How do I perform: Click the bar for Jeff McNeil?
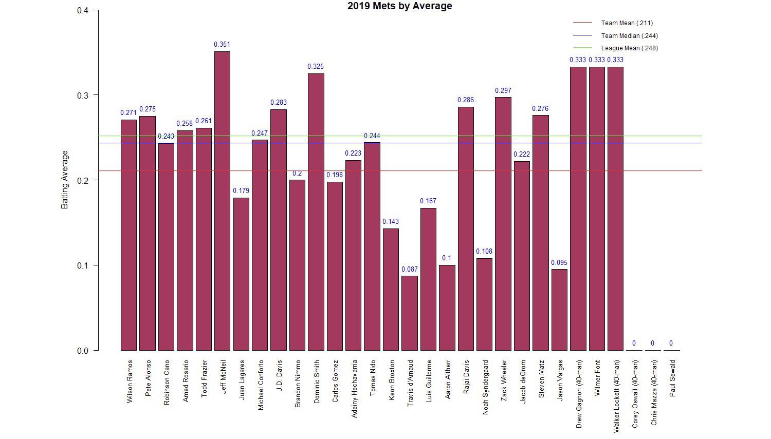222,200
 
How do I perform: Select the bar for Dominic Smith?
316,212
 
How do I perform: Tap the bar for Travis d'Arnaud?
410,313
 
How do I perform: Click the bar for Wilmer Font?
597,208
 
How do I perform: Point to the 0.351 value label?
222,45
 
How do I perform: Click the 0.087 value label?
410,269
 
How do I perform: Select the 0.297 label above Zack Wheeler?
503,91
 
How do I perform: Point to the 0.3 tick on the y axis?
83,96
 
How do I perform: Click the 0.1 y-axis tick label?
83,265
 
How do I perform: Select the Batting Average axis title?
65,180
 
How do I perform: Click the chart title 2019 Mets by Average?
399,6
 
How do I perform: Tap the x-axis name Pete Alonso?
148,377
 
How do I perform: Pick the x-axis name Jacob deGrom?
523,381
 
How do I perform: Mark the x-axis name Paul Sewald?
672,378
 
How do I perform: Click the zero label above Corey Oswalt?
634,343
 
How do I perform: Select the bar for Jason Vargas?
559,310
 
